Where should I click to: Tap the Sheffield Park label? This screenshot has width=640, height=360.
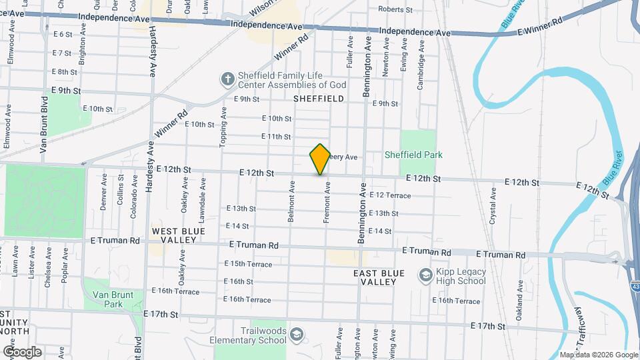(x=413, y=155)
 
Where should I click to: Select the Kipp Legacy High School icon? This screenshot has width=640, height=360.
(x=425, y=275)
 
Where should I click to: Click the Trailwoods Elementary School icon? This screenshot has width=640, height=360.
(x=297, y=333)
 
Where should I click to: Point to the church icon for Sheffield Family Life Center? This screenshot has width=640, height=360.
(x=227, y=79)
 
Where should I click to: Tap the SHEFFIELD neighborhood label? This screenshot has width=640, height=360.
(x=319, y=99)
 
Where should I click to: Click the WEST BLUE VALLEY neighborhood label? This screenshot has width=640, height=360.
(x=174, y=235)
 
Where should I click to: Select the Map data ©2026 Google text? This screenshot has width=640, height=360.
(x=598, y=355)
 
